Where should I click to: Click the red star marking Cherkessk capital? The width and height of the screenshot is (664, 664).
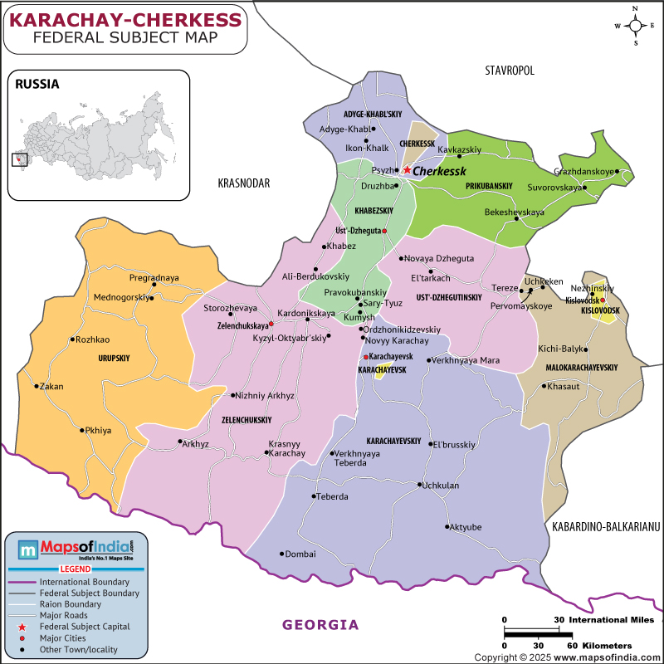tap(407, 170)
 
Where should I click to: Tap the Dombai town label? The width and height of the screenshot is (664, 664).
tap(300, 554)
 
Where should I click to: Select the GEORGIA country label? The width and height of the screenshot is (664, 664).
tap(320, 625)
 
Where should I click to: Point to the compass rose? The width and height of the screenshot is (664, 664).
tap(635, 26)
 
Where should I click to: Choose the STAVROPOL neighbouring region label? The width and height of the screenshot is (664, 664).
tap(510, 71)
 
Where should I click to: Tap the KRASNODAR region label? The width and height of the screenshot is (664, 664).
tap(244, 183)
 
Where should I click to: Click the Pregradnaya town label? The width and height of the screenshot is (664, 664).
tap(154, 277)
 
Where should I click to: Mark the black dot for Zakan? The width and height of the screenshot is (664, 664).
tap(37, 386)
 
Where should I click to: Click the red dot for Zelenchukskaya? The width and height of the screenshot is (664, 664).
tap(271, 325)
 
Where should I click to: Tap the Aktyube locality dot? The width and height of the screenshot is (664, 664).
tap(448, 527)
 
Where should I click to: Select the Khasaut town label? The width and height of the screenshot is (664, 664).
tap(563, 386)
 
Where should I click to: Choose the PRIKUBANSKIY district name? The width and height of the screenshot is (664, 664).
tap(489, 185)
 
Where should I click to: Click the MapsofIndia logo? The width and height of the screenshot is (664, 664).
tap(76, 549)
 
